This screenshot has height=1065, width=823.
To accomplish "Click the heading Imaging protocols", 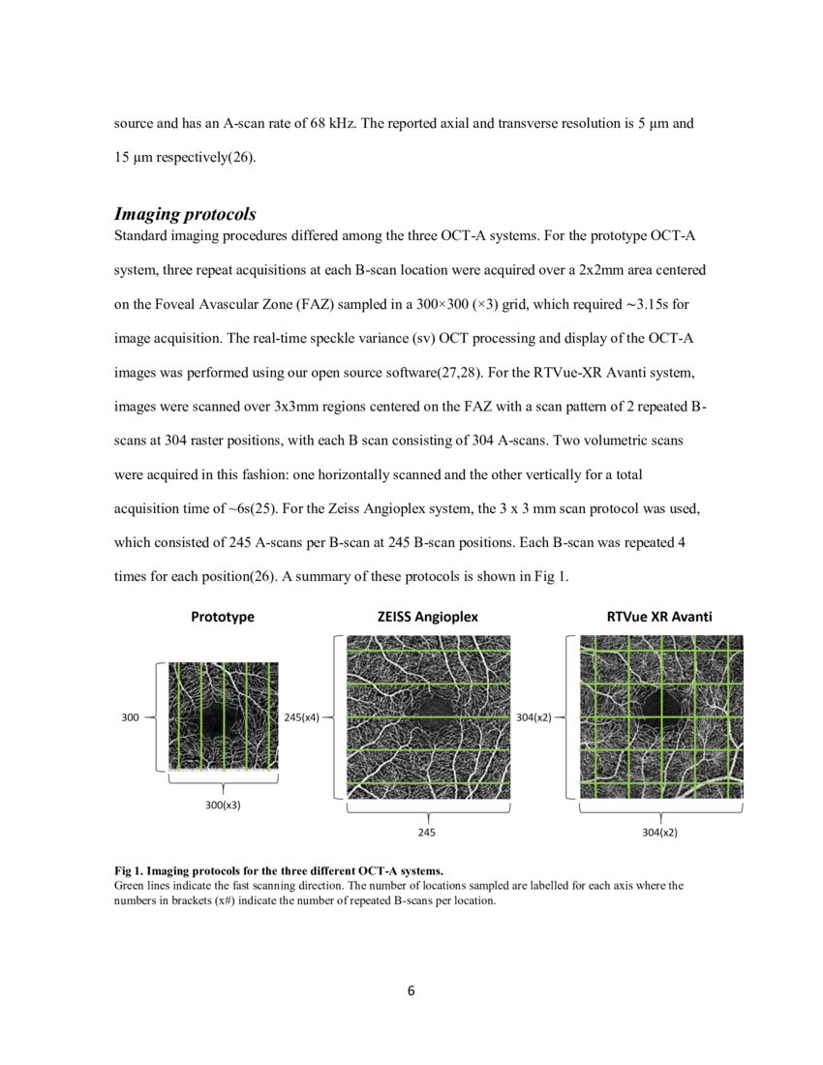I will pos(185,213).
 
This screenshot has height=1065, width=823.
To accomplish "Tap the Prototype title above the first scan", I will pos(223,616).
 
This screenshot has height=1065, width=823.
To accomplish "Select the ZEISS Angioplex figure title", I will pos(427,616).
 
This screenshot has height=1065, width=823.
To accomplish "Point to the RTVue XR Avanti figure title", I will pos(660,616).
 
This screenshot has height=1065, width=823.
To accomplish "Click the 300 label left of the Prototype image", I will pos(131,717).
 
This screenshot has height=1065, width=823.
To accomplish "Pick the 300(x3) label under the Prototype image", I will pos(223,805).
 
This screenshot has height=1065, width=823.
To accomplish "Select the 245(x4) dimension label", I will pos(301,717).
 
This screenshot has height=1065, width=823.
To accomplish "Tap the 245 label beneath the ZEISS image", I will pos(427,832).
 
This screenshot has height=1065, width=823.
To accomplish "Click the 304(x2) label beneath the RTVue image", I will pos(660,832).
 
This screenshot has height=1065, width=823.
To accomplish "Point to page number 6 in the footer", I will pos(411,990).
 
